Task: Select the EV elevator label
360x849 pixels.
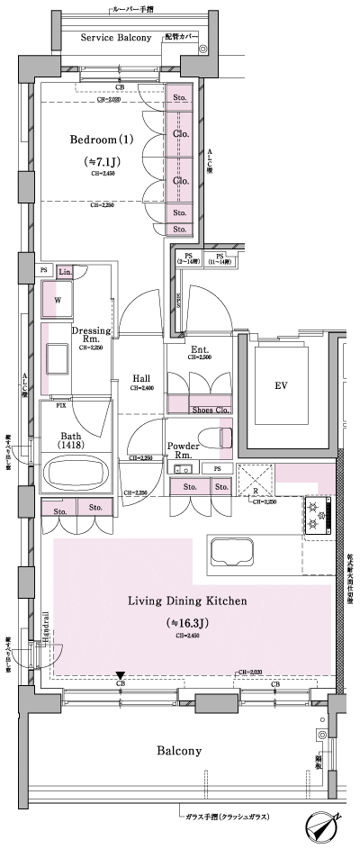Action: tap(281, 385)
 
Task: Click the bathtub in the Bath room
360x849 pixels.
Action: tap(76, 474)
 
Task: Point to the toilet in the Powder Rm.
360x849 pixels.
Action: tap(216, 438)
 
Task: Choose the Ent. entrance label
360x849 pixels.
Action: tap(200, 348)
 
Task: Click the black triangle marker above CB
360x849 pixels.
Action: tap(121, 676)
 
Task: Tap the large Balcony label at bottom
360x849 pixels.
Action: tap(177, 750)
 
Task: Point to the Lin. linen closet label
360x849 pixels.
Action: tap(66, 272)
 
